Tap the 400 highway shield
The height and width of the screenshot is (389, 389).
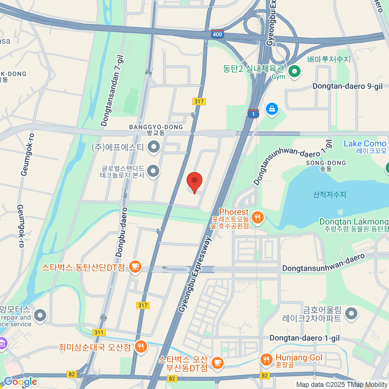coord(217,34)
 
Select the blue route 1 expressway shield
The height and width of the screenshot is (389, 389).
coord(253,114)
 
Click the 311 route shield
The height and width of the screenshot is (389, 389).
coord(99,332)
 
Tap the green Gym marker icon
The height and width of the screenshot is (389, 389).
coord(294,71)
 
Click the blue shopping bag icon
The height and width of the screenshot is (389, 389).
coord(272,109)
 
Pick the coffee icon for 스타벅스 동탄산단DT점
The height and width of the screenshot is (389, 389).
coord(135,267)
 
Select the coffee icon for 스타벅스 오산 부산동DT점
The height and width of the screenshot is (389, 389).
coord(217,362)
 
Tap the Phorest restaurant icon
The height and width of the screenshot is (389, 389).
coord(258,218)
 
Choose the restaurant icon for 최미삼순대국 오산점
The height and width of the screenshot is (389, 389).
coord(141,347)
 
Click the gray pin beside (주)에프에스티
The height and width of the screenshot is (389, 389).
coord(154,147)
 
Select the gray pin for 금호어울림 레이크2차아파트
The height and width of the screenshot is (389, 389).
coord(351,313)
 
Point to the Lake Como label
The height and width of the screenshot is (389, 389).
coord(365,144)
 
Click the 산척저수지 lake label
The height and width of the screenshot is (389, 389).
coord(329,194)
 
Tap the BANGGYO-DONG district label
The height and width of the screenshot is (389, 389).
coord(156,127)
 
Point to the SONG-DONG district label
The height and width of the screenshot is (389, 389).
coord(326,163)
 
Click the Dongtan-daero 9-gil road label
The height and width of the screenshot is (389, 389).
coord(347,86)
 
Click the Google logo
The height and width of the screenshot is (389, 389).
coord(20,382)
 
